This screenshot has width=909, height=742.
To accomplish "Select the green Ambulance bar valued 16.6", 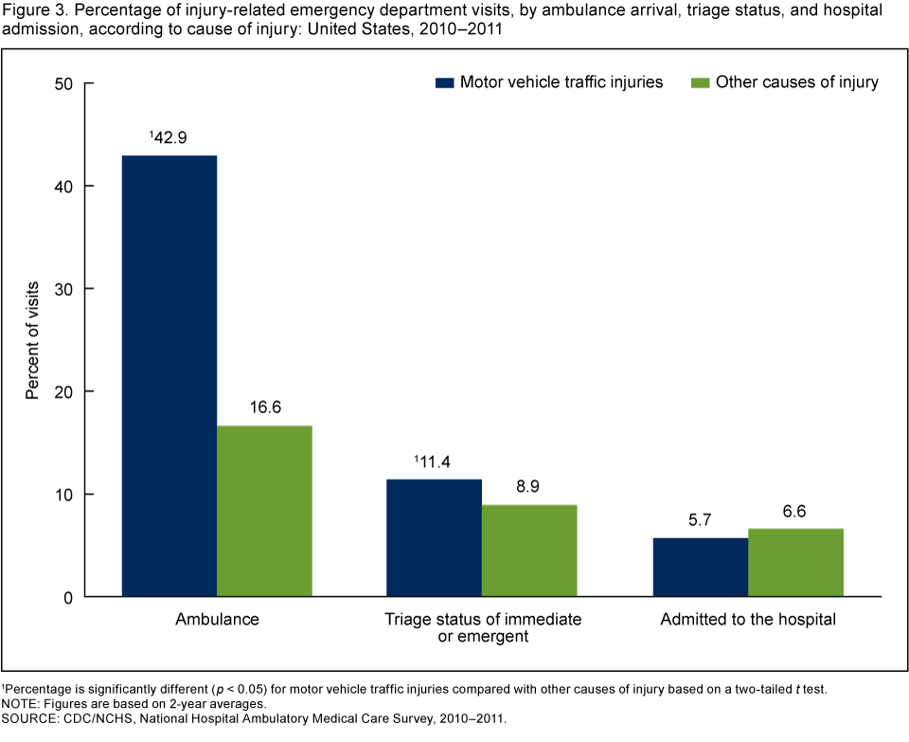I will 264,512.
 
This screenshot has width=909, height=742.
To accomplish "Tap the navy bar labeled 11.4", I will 435,538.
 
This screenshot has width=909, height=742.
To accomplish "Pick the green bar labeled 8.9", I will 529,551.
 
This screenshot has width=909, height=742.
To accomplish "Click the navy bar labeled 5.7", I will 700,568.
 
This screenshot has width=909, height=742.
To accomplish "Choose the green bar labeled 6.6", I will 795,563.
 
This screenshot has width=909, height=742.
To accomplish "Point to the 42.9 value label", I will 169,137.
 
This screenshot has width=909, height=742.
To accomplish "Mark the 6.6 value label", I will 795,511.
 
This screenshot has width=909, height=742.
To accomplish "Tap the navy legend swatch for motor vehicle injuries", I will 444,82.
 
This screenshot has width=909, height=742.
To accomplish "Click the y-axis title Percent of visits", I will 32,338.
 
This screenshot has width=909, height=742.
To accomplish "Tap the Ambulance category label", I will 217,620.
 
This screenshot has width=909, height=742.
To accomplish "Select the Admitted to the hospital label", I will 747,620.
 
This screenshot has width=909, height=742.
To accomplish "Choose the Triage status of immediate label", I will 482,620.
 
